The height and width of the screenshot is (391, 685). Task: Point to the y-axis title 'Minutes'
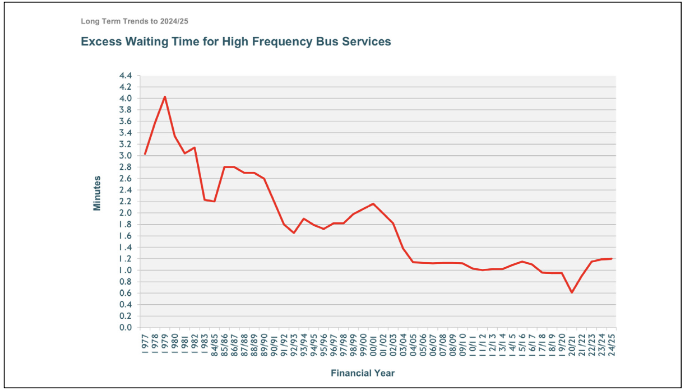[97, 193]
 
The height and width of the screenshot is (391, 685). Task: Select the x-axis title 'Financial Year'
[362, 373]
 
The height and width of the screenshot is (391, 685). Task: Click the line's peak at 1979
[165, 96]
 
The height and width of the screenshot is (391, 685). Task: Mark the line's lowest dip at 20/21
[571, 292]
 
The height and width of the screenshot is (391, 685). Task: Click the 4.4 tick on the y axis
[126, 76]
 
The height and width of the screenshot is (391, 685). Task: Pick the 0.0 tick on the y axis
[126, 328]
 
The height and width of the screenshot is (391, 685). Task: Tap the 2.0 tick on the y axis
[126, 213]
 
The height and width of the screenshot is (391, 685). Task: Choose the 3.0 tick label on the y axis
[126, 156]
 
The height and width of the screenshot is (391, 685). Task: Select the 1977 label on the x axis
[145, 342]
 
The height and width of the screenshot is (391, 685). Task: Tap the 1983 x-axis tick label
[205, 342]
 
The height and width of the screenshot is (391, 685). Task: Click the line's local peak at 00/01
[373, 203]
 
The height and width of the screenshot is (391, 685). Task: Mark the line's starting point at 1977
[145, 154]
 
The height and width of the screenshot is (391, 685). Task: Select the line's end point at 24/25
[611, 259]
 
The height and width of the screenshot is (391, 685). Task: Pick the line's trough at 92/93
[294, 232]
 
